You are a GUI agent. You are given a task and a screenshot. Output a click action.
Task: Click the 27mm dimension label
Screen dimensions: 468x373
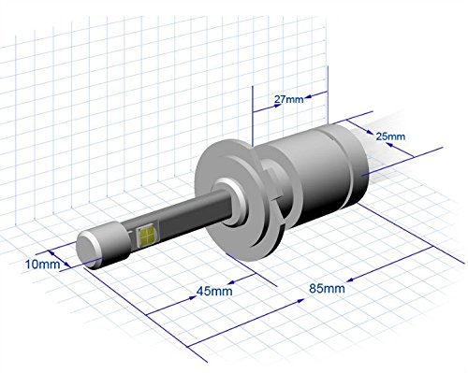pos(288,99)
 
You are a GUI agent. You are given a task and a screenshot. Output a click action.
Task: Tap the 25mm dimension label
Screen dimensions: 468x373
pos(390,136)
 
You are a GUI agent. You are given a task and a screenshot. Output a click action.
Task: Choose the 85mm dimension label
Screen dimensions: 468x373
pos(327,289)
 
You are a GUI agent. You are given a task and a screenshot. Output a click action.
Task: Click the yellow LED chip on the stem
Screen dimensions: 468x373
pos(147,235)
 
